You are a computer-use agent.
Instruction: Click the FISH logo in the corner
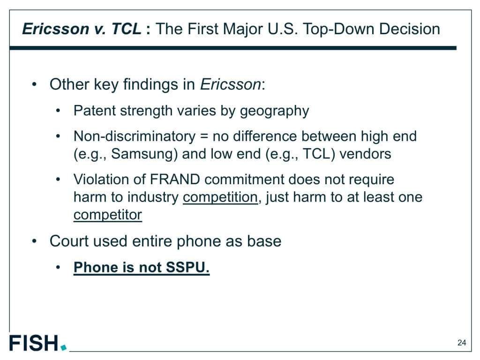(x=38, y=343)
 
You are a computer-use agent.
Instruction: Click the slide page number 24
(x=462, y=343)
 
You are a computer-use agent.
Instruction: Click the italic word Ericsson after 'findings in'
(x=231, y=84)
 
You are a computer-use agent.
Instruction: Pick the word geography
(x=274, y=111)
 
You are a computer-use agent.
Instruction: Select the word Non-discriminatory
(x=135, y=136)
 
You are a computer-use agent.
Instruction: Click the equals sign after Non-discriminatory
(x=204, y=137)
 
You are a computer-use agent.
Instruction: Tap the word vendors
(x=365, y=154)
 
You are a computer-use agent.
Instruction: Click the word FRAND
(x=175, y=180)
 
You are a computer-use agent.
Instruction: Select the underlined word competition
(x=220, y=197)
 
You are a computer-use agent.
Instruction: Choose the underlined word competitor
(x=108, y=215)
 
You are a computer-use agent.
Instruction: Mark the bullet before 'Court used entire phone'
(x=35, y=241)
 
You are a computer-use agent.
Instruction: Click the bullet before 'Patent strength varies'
(x=58, y=111)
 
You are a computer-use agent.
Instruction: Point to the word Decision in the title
(x=410, y=29)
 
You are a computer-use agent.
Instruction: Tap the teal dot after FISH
(x=64, y=347)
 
